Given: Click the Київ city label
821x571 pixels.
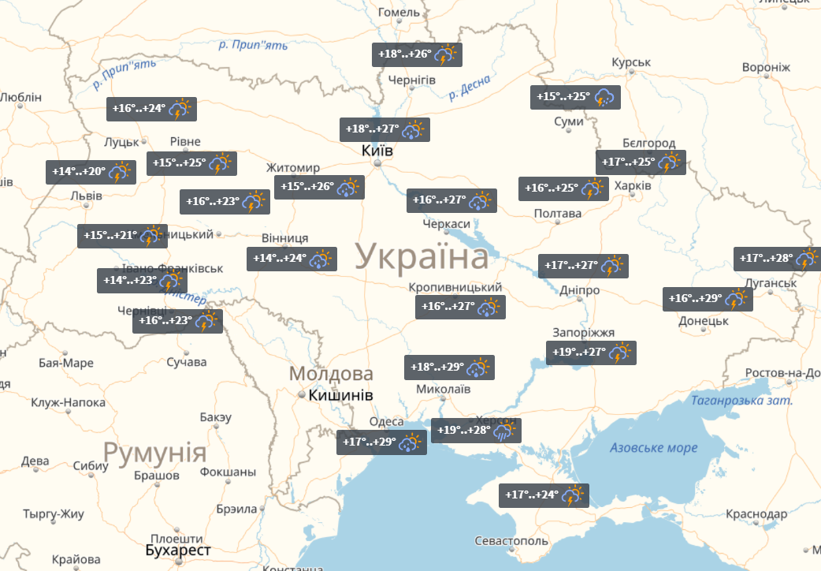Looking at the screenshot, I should [x=377, y=150].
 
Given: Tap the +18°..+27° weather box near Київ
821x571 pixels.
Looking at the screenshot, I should [x=384, y=129].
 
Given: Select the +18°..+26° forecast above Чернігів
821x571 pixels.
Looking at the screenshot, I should [x=417, y=54].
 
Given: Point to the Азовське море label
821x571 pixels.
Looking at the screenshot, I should [x=654, y=448].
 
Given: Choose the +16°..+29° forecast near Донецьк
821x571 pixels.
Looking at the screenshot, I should [x=708, y=299].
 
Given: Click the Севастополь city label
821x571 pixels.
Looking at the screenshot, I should [x=511, y=541].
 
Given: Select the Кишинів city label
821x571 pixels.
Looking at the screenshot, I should [x=340, y=395].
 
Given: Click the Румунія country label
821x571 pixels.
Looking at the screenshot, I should [x=155, y=453].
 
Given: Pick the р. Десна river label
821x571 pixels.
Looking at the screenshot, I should [x=469, y=87].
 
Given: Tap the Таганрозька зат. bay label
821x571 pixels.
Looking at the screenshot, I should [x=741, y=401].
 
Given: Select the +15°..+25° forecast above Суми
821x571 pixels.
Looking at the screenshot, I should [x=575, y=97].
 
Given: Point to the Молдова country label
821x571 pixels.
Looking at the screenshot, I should [x=331, y=374].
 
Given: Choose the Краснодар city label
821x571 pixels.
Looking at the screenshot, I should [x=756, y=514].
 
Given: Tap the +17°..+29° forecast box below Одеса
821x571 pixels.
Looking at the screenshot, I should [x=381, y=442].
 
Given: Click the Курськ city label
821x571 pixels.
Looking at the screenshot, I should [x=630, y=62].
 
